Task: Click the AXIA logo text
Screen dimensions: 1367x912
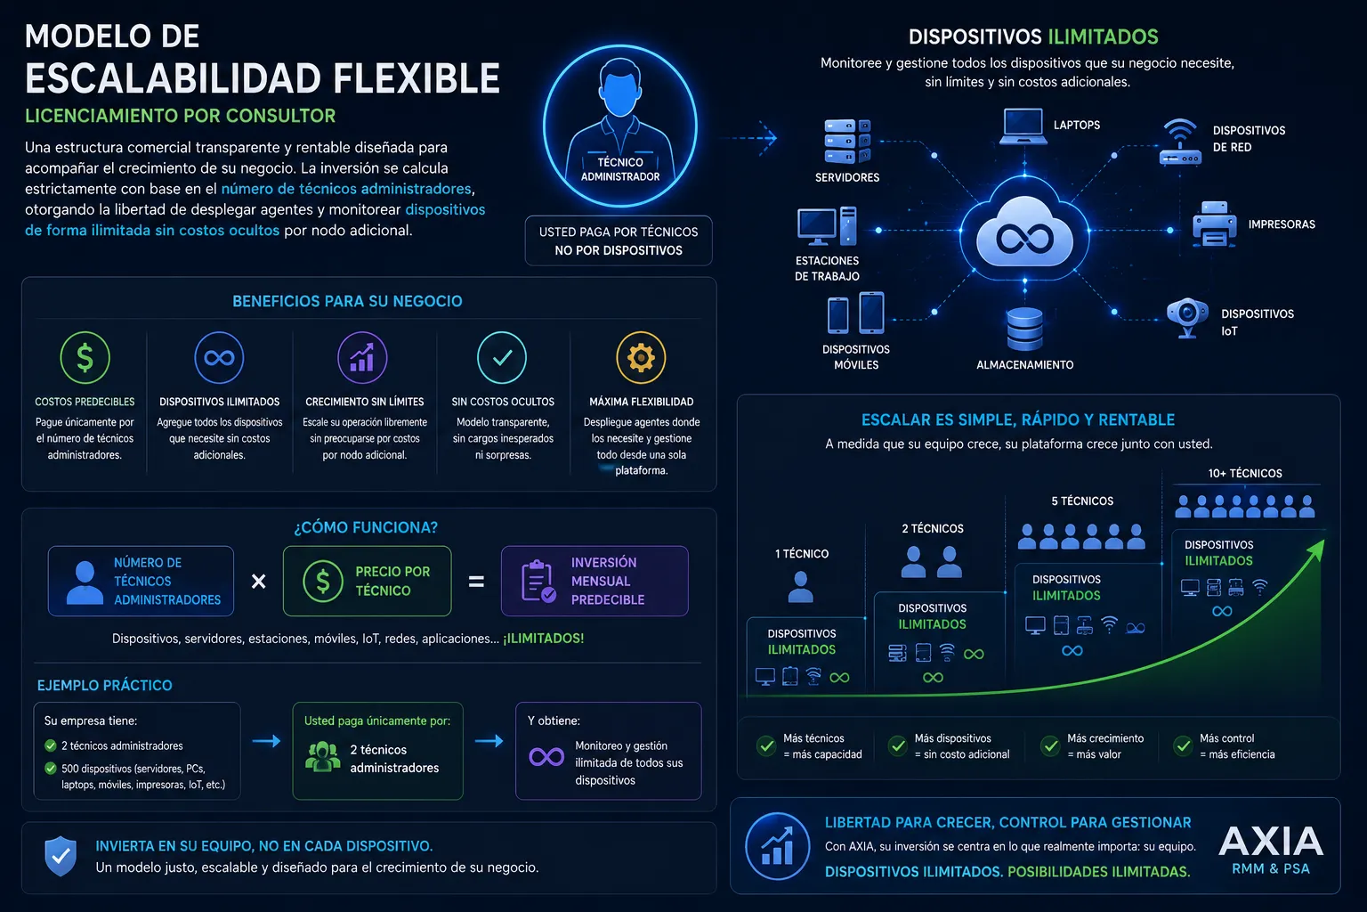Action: point(1271,842)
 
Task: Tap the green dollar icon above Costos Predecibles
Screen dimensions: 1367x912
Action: point(85,357)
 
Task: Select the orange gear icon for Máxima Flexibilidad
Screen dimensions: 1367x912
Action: point(641,357)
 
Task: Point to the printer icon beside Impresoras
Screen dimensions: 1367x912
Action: point(1215,224)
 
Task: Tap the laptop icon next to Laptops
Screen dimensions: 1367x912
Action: point(1023,126)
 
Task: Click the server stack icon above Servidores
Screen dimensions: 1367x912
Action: point(847,142)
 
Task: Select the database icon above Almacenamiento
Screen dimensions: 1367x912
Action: point(1024,329)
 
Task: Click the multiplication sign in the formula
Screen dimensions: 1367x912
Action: point(259,581)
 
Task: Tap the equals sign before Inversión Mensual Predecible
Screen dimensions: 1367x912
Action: point(476,581)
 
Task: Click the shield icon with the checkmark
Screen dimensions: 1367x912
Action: point(61,856)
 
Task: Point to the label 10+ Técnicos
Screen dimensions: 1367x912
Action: point(1245,474)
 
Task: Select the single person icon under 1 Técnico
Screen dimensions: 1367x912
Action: point(800,587)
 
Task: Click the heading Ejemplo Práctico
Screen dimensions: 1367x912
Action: point(104,686)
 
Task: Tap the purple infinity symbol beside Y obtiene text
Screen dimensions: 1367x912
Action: point(546,757)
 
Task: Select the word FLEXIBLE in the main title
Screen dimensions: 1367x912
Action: point(417,78)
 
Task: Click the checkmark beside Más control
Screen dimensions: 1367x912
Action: point(1183,745)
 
